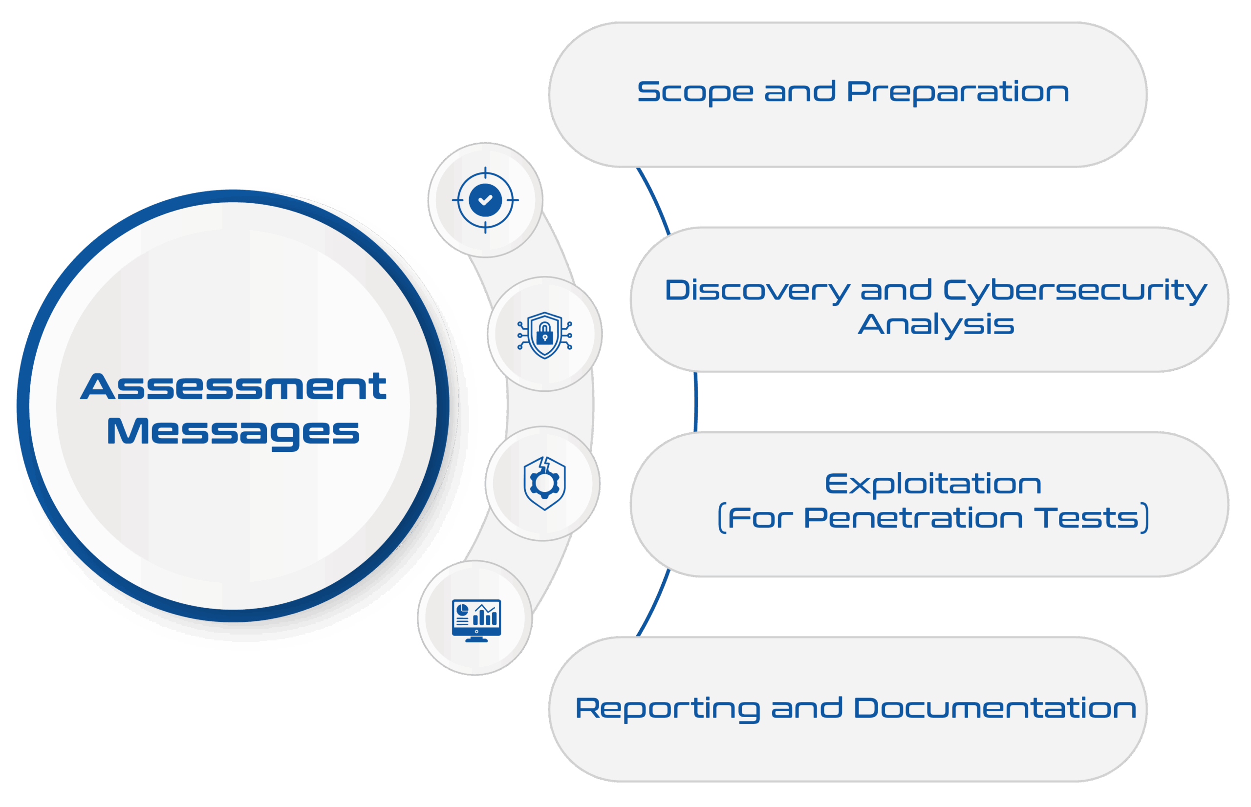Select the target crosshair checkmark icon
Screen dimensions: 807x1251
pyautogui.click(x=485, y=200)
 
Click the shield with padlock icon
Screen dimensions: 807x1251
pyautogui.click(x=544, y=335)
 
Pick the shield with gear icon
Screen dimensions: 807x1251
pyautogui.click(x=544, y=483)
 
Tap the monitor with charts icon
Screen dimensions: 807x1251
pyautogui.click(x=476, y=620)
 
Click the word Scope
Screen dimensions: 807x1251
pyautogui.click(x=695, y=92)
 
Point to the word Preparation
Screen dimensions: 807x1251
pyautogui.click(x=957, y=92)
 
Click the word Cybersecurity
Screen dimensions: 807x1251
pyautogui.click(x=1075, y=291)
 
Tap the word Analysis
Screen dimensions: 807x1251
pyautogui.click(x=936, y=325)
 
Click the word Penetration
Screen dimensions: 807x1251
pyautogui.click(x=912, y=518)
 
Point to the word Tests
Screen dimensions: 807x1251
pyautogui.click(x=1087, y=518)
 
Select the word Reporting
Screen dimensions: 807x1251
pyautogui.click(x=667, y=709)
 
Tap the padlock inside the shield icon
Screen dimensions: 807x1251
pyautogui.click(x=544, y=334)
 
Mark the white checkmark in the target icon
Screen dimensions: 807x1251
pyautogui.click(x=485, y=200)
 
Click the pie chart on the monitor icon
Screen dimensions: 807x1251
pyautogui.click(x=462, y=611)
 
